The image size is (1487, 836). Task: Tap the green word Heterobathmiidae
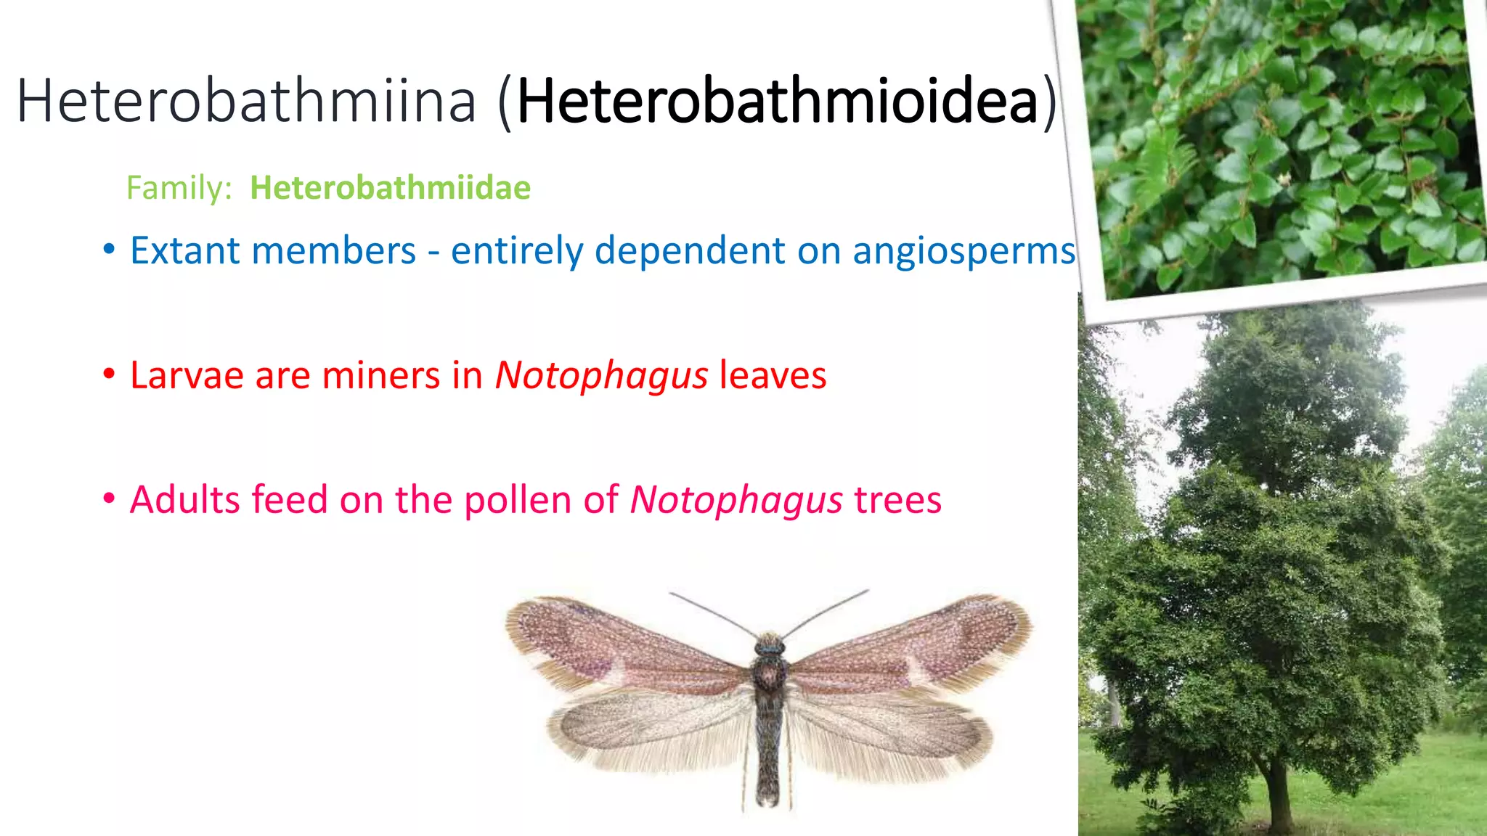pos(390,188)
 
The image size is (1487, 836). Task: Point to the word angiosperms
pos(964,251)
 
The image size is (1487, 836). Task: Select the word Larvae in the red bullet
pos(187,375)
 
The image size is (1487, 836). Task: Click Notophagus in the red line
pos(601,375)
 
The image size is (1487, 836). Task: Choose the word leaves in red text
pos(773,375)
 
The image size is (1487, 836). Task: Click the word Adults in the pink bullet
pos(185,500)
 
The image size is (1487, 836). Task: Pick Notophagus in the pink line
pos(736,500)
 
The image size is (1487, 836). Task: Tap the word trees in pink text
pos(897,500)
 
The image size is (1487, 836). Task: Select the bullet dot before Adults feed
pos(109,499)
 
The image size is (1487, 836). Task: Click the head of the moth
pos(769,644)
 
